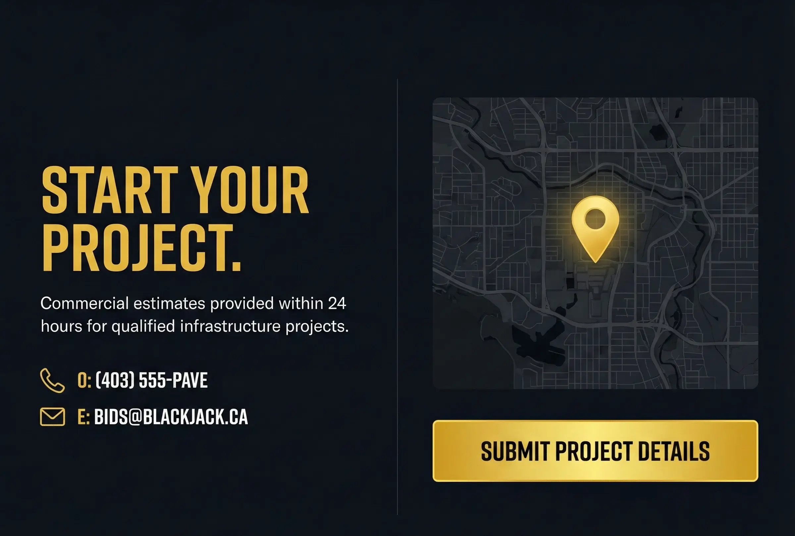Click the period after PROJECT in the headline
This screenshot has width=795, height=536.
pyautogui.click(x=236, y=265)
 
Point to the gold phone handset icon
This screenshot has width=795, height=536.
pyautogui.click(x=52, y=380)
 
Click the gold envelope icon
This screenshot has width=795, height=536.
pyautogui.click(x=52, y=417)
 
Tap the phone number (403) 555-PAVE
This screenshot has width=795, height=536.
pyautogui.click(x=151, y=380)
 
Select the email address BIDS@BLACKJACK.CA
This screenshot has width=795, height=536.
pyautogui.click(x=171, y=417)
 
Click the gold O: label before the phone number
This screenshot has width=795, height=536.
pyautogui.click(x=84, y=380)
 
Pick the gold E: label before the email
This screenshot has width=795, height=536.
pyautogui.click(x=83, y=417)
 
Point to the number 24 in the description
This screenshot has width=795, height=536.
pyautogui.click(x=337, y=303)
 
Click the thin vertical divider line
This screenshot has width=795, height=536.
pyautogui.click(x=397, y=296)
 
